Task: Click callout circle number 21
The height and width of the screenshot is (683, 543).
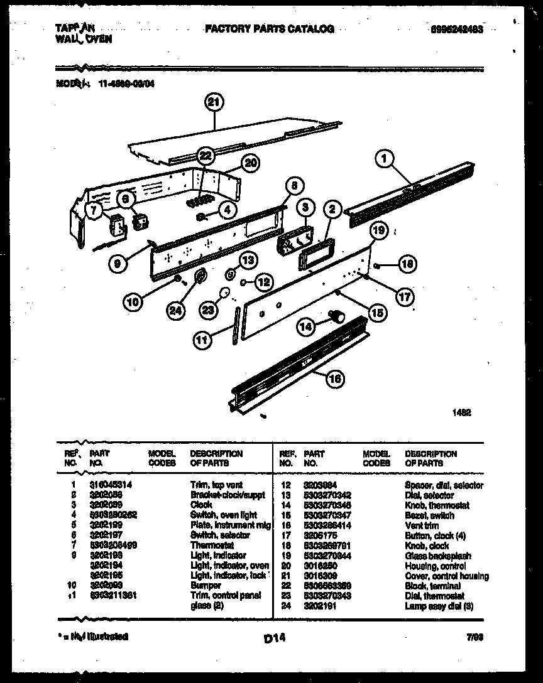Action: [x=214, y=103]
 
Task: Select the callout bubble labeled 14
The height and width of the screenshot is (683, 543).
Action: [x=305, y=326]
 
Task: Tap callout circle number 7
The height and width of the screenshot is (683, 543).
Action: [x=94, y=211]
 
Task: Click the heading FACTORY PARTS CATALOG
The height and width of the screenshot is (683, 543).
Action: [x=269, y=29]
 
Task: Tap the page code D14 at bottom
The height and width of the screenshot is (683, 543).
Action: [x=275, y=638]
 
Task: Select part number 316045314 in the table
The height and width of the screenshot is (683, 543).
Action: [x=111, y=485]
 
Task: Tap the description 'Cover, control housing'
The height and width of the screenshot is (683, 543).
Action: [x=447, y=576]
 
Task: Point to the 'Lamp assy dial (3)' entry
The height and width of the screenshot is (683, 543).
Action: [x=438, y=606]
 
